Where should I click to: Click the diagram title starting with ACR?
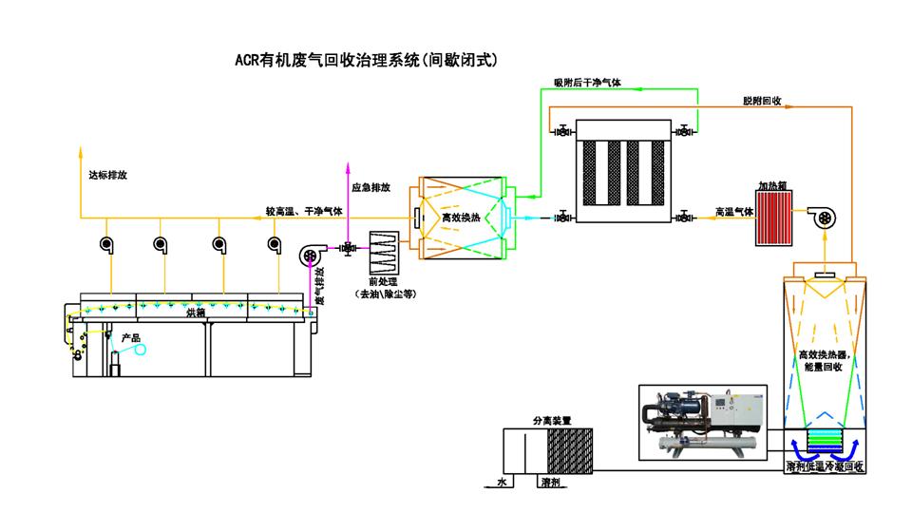click(366, 60)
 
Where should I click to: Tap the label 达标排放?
click(107, 176)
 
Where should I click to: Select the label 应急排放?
click(370, 187)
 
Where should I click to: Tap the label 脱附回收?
click(762, 100)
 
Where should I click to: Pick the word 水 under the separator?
click(503, 483)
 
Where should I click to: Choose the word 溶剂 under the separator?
click(550, 483)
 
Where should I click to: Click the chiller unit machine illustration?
click(701, 421)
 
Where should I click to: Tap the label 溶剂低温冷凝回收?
click(825, 466)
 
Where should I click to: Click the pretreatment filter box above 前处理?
click(385, 253)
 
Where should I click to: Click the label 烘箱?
click(196, 312)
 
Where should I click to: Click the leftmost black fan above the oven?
click(104, 245)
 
